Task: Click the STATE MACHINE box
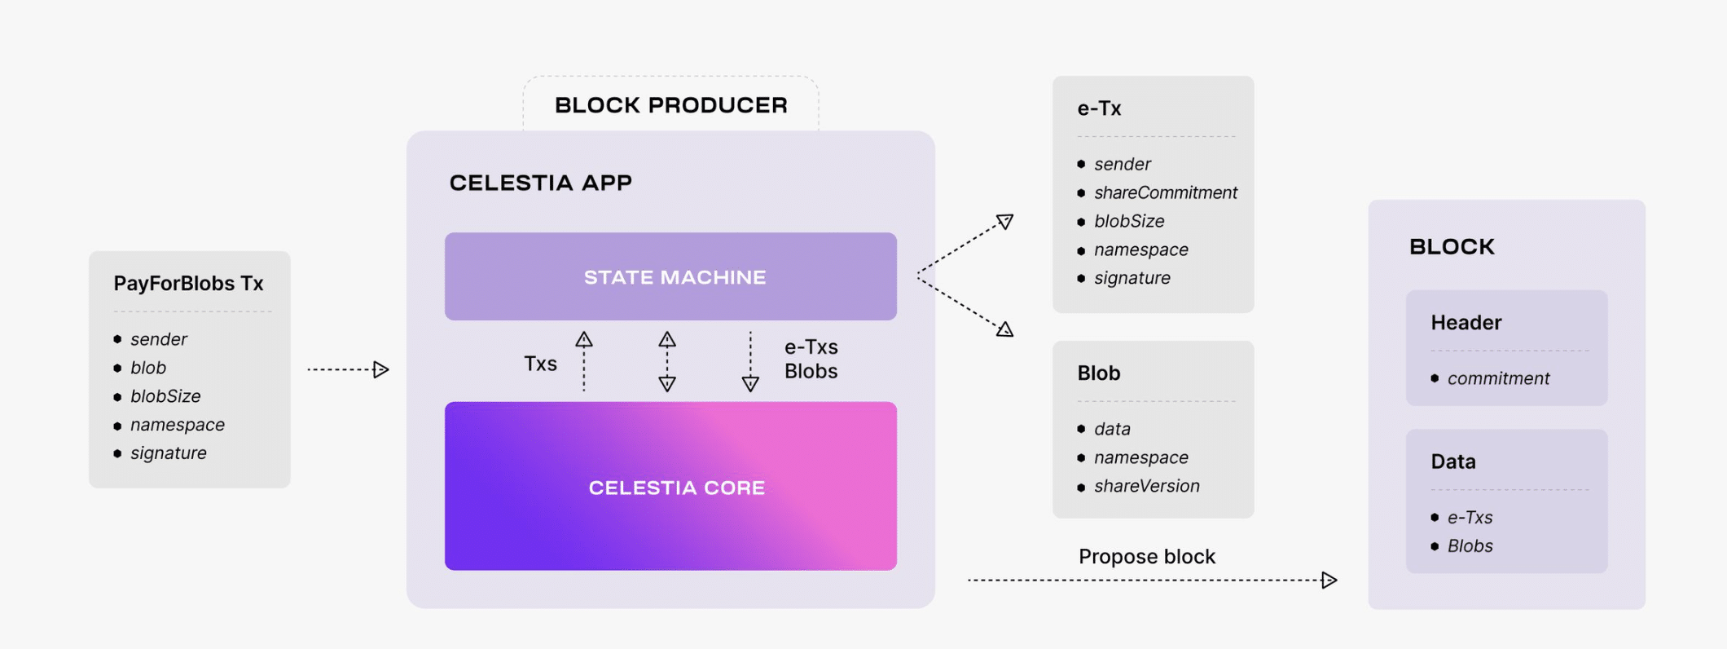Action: (670, 276)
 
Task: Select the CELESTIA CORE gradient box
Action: (670, 487)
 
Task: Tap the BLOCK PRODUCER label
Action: (670, 105)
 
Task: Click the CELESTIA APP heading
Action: (540, 183)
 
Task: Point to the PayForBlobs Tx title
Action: (188, 284)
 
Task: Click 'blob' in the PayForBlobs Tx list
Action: (148, 368)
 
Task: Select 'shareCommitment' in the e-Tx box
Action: (1165, 193)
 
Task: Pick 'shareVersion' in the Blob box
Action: (1146, 487)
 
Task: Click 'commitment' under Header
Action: (1497, 379)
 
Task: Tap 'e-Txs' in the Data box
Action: (1470, 518)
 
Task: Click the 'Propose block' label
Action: (1146, 557)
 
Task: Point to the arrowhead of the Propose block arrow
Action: (1329, 581)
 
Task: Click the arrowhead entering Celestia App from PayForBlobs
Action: (381, 370)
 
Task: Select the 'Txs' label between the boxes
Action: (540, 364)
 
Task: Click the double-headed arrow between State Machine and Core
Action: (667, 362)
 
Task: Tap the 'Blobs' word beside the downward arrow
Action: (811, 372)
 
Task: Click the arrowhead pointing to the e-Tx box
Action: (1006, 221)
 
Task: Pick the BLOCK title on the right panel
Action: (1452, 247)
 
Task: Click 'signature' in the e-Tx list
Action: (1132, 279)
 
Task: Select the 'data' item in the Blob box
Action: (1112, 430)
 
